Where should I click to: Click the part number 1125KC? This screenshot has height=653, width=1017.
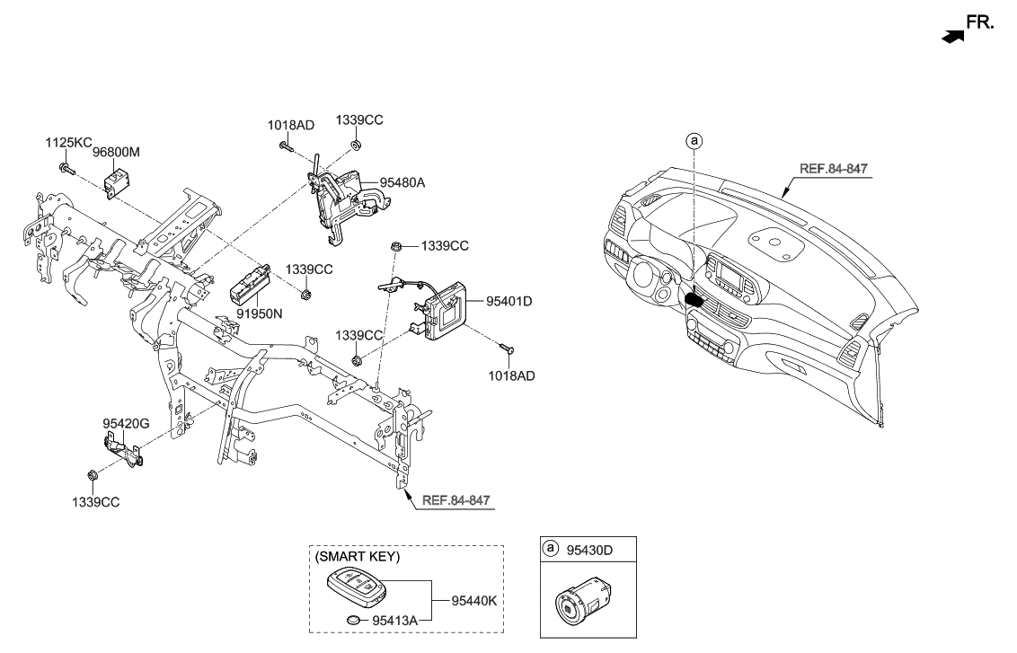pos(68,143)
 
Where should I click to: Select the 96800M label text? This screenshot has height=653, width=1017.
pos(116,154)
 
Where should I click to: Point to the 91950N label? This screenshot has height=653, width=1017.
pos(259,314)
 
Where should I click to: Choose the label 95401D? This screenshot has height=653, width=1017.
pos(509,301)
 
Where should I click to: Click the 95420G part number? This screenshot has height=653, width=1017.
pos(125,422)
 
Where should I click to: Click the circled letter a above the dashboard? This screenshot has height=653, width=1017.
pos(694,140)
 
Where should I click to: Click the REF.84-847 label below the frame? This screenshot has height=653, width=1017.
pos(456,499)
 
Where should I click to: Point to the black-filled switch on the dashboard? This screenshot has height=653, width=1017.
pos(695,298)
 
